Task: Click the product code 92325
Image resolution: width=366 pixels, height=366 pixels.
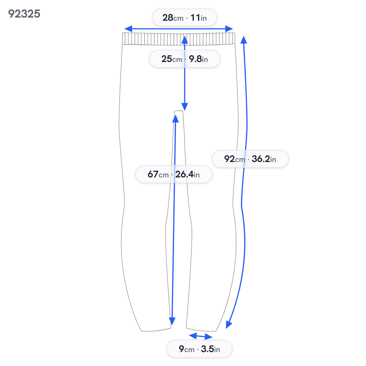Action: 24,14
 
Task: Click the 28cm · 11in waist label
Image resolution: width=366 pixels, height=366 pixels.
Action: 185,18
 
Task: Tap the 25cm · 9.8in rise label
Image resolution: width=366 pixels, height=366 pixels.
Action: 185,59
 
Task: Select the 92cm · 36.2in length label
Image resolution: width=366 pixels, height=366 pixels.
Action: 250,159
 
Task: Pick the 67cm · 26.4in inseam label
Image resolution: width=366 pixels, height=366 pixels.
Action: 174,174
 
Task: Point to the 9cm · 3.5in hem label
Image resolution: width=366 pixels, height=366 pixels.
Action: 199,349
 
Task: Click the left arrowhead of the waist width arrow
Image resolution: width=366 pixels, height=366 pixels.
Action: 128,29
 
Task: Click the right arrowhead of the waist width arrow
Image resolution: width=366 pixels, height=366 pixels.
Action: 229,29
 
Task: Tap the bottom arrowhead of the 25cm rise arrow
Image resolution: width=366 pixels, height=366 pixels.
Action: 185,107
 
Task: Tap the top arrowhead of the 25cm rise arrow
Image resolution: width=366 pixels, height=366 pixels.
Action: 185,40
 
